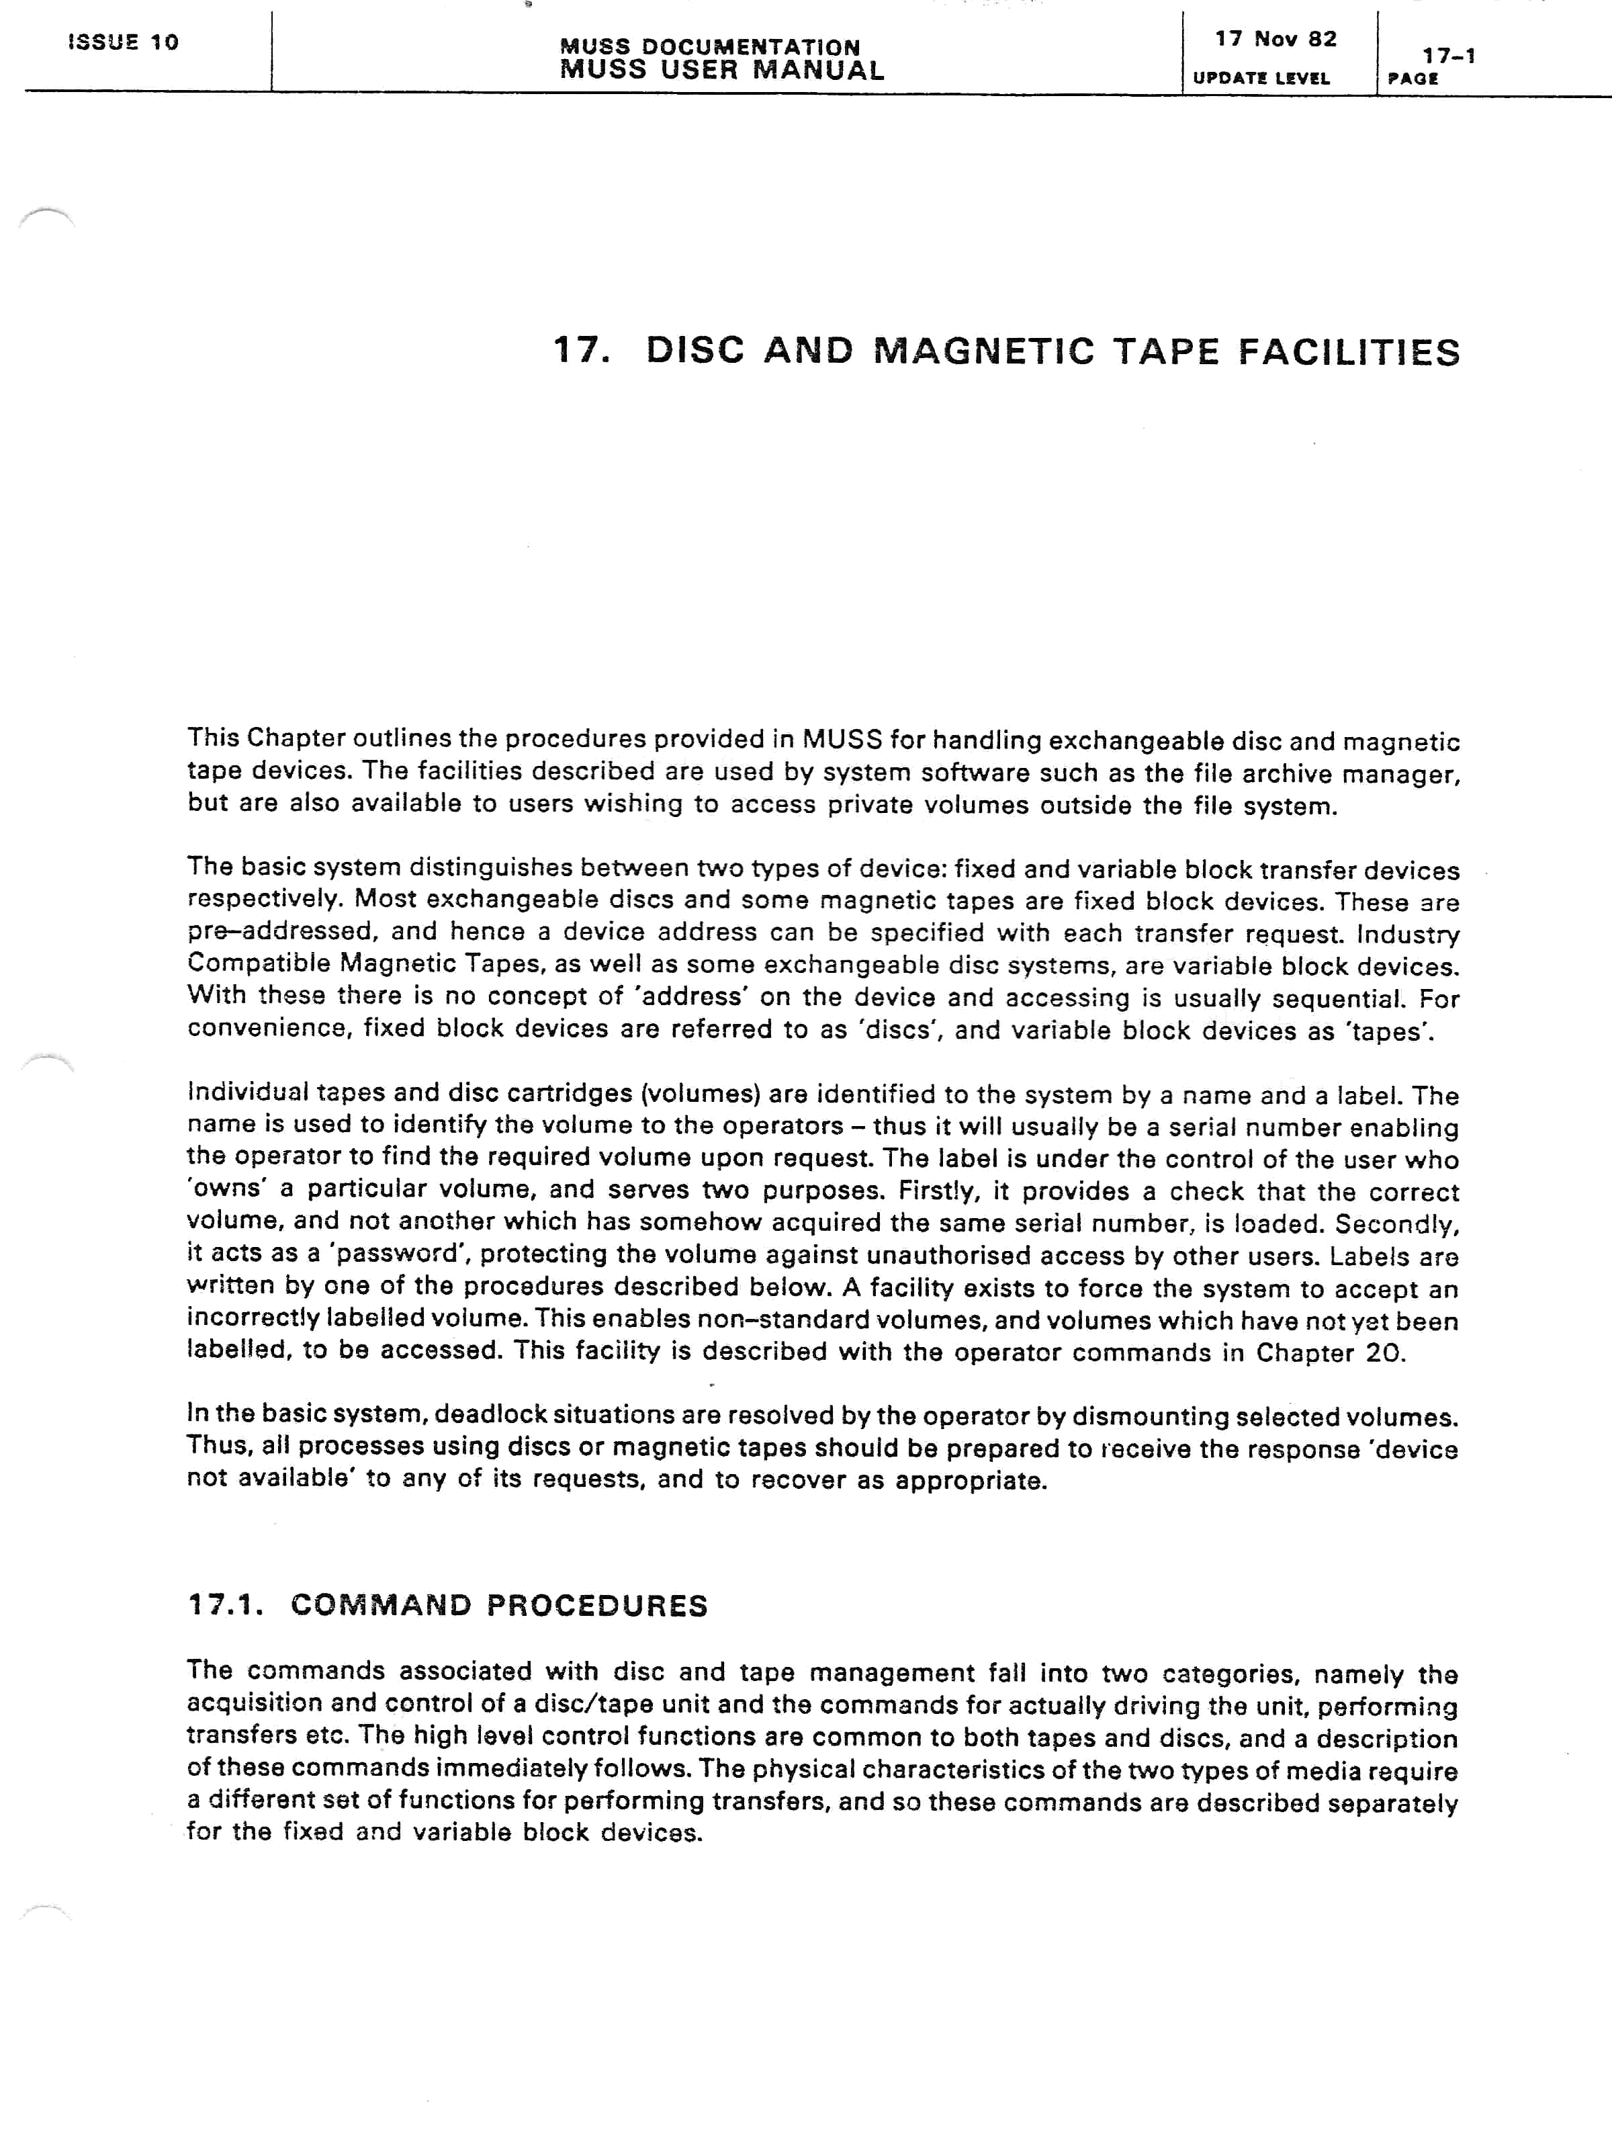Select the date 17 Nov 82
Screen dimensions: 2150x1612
tap(1275, 39)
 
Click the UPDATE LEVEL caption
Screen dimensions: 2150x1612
tap(1260, 79)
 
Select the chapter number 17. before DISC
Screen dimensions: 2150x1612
tap(582, 350)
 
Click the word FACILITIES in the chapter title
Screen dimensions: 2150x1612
tap(1349, 352)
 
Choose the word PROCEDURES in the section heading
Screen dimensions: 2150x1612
tap(596, 1606)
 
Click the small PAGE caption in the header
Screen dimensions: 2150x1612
tap(1413, 79)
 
